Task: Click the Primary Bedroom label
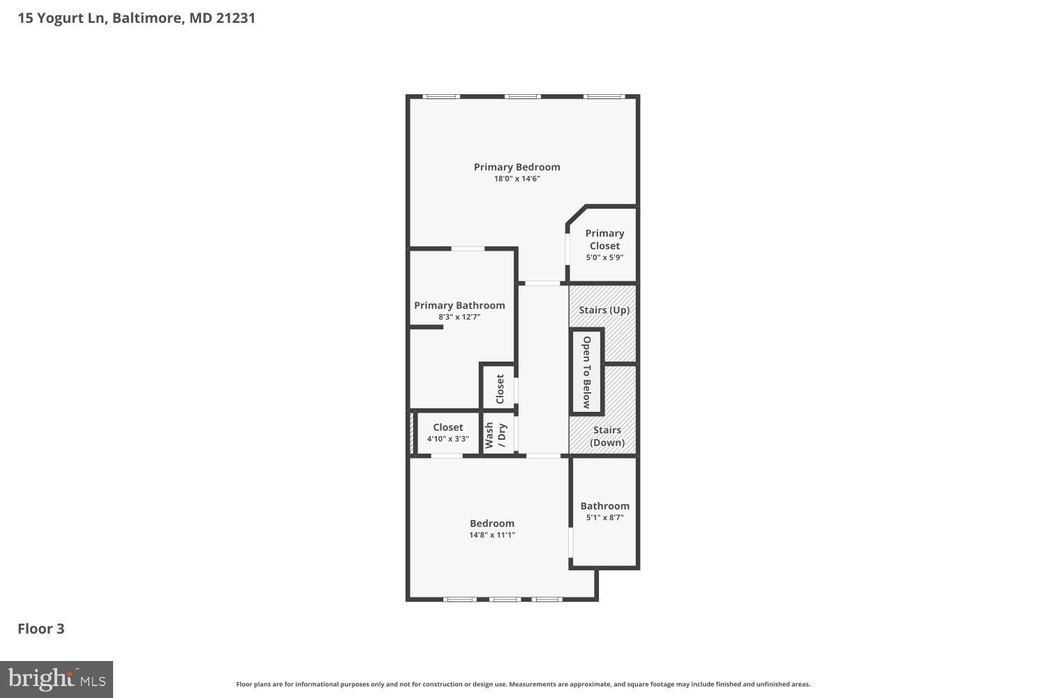click(x=517, y=167)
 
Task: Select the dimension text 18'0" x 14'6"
click(x=517, y=179)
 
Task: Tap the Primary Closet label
click(x=604, y=239)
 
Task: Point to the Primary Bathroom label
click(x=459, y=305)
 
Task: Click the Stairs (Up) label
click(x=604, y=310)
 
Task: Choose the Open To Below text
click(x=587, y=372)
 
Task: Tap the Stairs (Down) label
click(x=607, y=436)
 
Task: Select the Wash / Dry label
click(x=496, y=436)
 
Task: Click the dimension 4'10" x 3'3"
click(x=447, y=439)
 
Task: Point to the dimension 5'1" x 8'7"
click(x=604, y=518)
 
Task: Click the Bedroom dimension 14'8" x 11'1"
click(x=492, y=535)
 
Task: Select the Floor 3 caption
click(x=41, y=628)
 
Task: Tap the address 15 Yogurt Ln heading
click(x=136, y=18)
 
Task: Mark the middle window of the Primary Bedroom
click(x=522, y=96)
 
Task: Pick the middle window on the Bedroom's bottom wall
click(x=503, y=599)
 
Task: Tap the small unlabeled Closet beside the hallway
click(x=500, y=389)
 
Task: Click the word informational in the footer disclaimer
click(x=318, y=685)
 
